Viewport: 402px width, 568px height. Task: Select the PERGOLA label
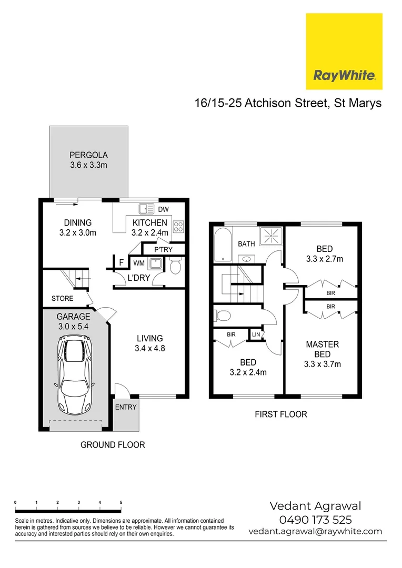click(x=88, y=155)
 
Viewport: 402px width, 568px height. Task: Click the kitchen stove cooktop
click(x=179, y=227)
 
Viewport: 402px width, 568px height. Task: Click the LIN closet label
click(x=256, y=334)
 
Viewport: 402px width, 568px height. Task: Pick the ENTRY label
click(x=126, y=407)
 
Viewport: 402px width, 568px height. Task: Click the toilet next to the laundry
click(x=176, y=268)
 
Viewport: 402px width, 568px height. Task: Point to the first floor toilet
click(x=223, y=316)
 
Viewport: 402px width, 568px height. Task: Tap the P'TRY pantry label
click(x=163, y=250)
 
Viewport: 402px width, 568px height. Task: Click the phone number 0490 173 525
click(x=315, y=520)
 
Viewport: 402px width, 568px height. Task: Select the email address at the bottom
click(x=315, y=531)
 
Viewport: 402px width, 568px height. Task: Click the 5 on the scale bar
click(x=121, y=503)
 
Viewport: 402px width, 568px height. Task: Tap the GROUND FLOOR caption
click(x=113, y=445)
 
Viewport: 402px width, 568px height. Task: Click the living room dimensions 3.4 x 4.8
click(x=150, y=348)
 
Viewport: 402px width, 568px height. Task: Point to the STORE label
click(x=62, y=299)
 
